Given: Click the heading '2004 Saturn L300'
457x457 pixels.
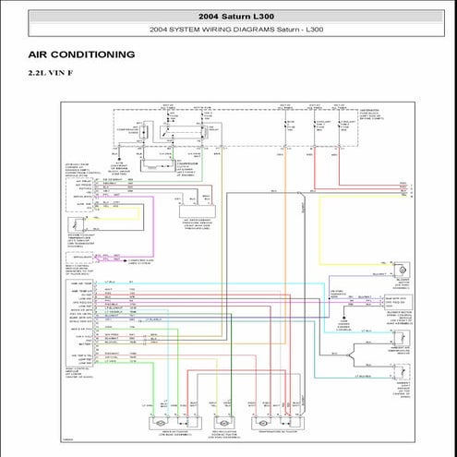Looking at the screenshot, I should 228,17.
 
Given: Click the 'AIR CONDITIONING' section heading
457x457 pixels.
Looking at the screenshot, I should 81,54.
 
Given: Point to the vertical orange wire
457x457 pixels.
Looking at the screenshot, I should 284,277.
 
